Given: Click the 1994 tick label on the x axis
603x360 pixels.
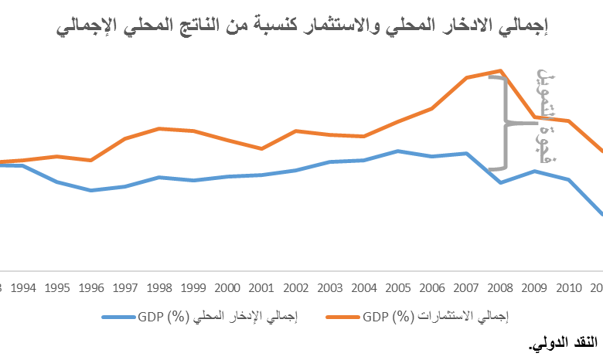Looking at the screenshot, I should point(24,288).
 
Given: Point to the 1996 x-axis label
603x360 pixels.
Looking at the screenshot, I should point(91,288).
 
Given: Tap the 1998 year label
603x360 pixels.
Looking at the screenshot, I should point(158,288).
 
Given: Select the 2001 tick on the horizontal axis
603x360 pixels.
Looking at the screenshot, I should point(261,288).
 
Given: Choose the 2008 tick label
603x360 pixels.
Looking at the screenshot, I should point(499,288).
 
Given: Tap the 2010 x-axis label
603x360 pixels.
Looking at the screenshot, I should point(568,288).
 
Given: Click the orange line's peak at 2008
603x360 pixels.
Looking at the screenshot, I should point(501,70).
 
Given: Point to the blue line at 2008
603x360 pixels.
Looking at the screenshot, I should point(501,182).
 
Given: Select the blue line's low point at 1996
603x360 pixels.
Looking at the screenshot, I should point(91,190).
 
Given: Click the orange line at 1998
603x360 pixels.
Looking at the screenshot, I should point(158,128).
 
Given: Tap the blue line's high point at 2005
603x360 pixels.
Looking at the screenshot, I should point(397,151).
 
